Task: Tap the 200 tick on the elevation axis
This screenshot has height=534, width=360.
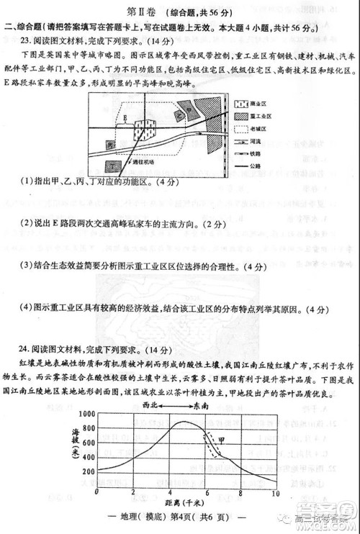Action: (x=88, y=471)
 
